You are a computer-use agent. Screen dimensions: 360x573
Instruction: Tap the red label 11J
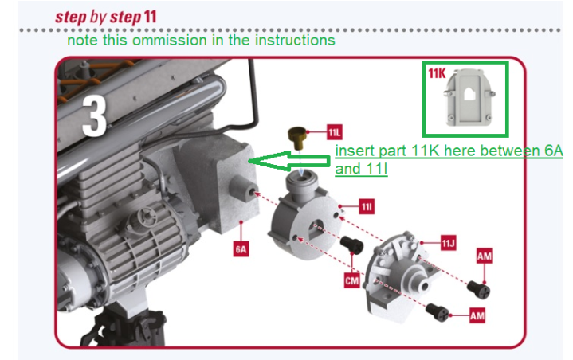[x=448, y=242]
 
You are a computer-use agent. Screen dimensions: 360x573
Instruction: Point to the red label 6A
[x=241, y=248]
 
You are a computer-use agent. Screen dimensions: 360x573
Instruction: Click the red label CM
[x=351, y=280]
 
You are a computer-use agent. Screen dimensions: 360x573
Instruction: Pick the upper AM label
[x=484, y=256]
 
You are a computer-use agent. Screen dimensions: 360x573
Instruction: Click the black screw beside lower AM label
[x=437, y=311]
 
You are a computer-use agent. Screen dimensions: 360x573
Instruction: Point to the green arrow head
[x=257, y=160]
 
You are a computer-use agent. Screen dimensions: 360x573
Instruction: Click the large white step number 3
[x=94, y=117]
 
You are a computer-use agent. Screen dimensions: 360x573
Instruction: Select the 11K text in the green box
[x=437, y=74]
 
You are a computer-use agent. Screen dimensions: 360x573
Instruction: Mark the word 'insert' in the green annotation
[x=351, y=151]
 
